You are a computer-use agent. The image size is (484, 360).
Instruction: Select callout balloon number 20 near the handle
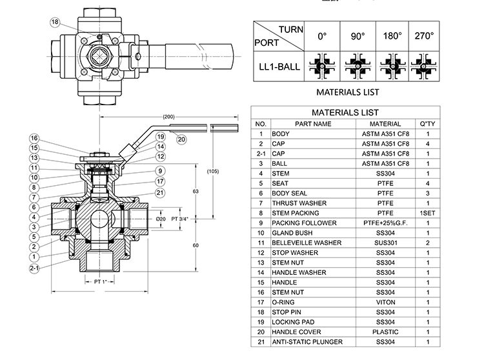[181, 138]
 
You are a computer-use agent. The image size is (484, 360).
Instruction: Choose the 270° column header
[424, 37]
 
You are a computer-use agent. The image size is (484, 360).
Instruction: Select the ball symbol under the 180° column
[390, 66]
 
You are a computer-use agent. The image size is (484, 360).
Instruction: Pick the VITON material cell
[385, 302]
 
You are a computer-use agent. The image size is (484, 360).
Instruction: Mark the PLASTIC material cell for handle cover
[385, 332]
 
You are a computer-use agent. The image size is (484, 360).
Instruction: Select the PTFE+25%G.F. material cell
[385, 223]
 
